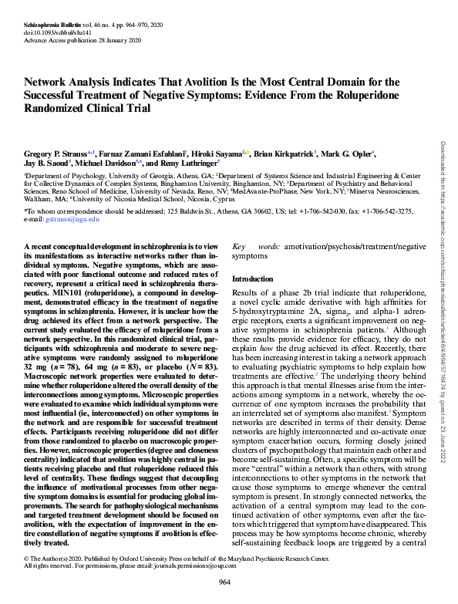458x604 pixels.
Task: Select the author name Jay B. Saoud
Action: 46,164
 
